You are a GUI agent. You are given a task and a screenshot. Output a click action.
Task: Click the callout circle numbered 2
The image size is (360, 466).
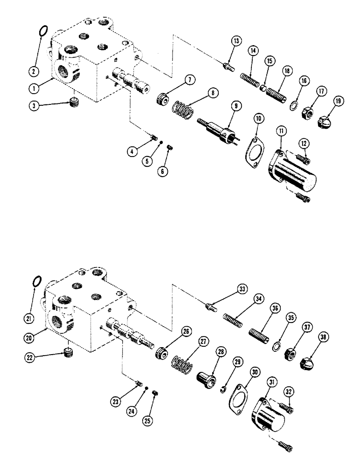coord(33,71)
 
